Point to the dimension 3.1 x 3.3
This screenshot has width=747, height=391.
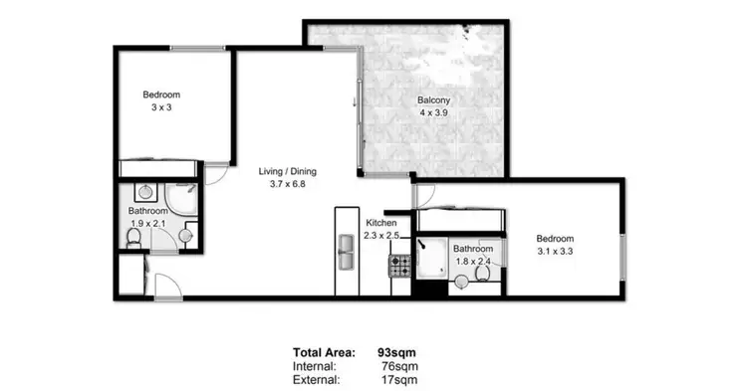[555, 252]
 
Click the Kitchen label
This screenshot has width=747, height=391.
[381, 223]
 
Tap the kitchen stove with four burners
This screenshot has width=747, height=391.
[399, 267]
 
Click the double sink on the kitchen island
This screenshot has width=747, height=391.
[345, 251]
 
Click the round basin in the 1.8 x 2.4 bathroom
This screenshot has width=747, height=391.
[461, 282]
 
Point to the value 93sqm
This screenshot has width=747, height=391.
[396, 352]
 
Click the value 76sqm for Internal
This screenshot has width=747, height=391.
[397, 365]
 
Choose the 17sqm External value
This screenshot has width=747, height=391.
[397, 379]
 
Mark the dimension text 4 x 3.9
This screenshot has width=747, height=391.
[434, 112]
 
